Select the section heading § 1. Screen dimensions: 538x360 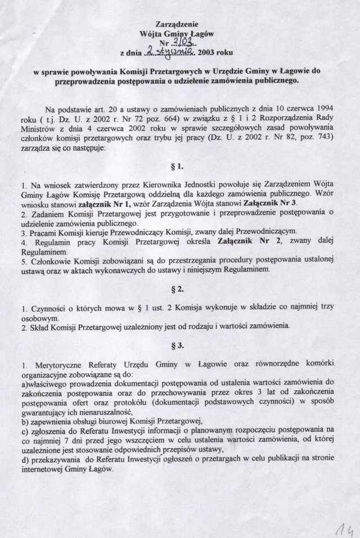tap(179, 168)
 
